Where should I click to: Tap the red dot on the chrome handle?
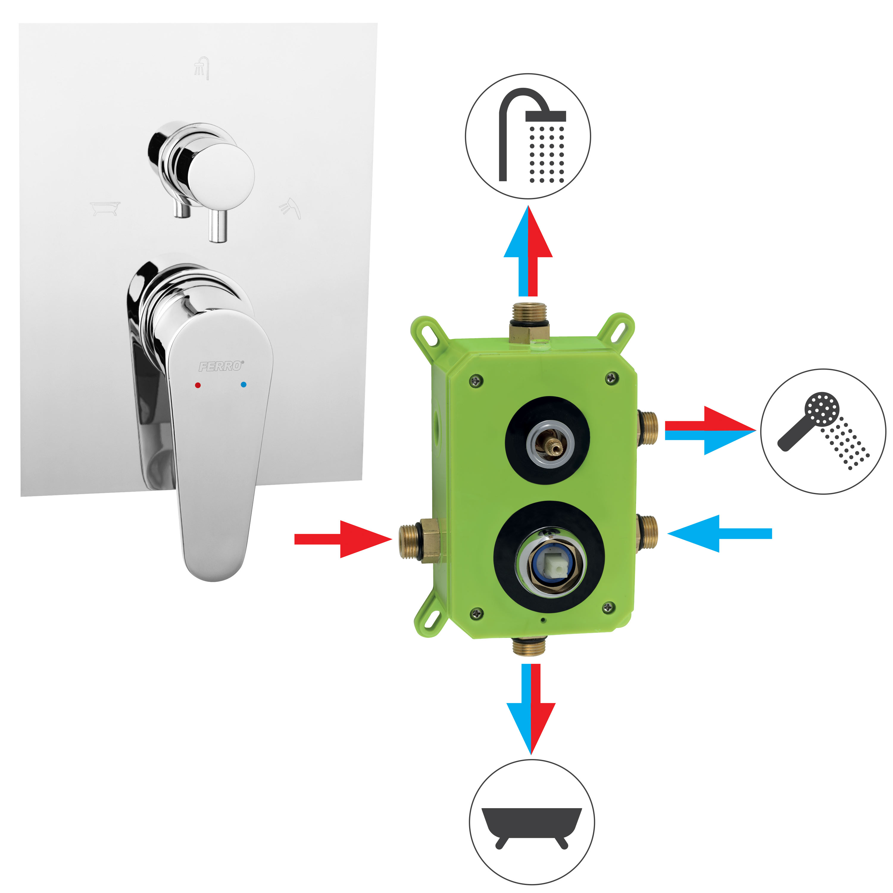[x=198, y=385]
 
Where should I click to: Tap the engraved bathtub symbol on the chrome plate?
[x=105, y=208]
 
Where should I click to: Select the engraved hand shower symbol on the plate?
[x=290, y=208]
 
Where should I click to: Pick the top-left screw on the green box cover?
[x=476, y=380]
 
